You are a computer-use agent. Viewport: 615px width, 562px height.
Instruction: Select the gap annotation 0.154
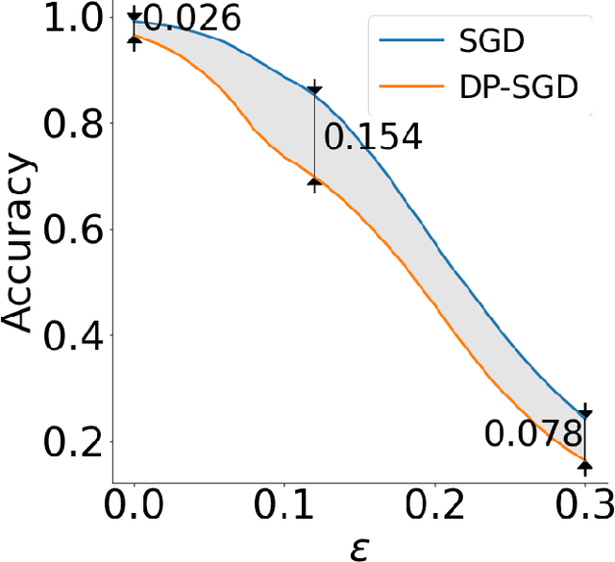point(373,137)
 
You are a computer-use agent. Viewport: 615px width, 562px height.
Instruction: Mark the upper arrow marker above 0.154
point(314,90)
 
